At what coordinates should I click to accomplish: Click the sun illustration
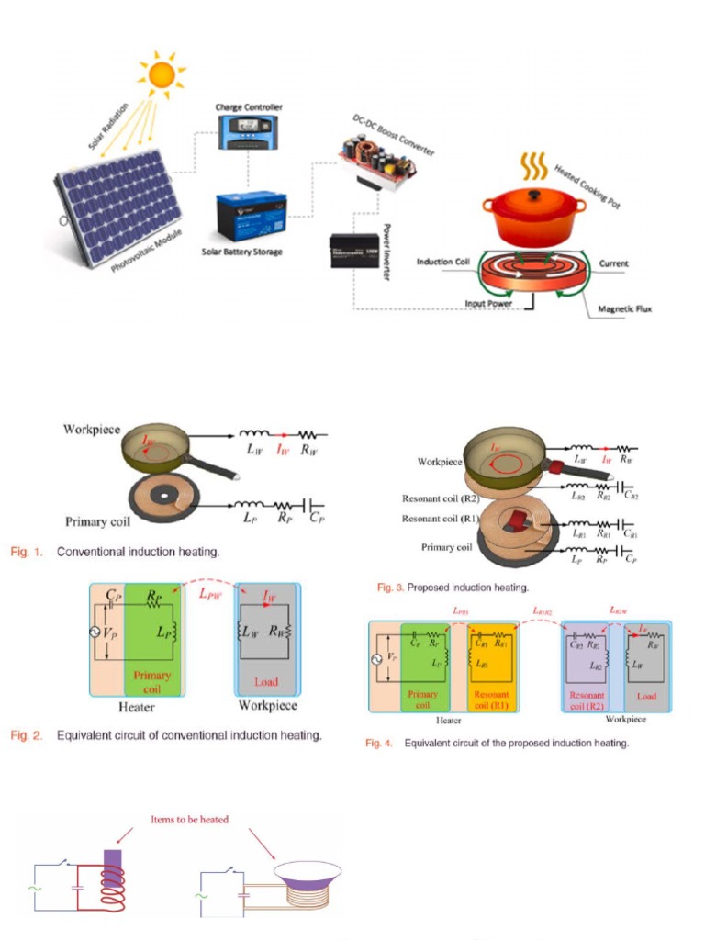pos(162,73)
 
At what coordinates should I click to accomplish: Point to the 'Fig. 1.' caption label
pos(27,552)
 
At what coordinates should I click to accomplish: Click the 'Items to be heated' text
pos(192,819)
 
